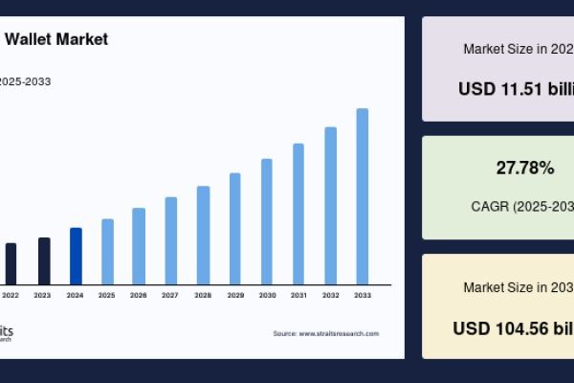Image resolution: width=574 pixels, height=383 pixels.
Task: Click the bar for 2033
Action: coord(363,196)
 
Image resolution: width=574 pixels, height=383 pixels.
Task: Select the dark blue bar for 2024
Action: coord(76,256)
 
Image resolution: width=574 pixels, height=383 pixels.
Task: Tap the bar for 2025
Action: coord(107,251)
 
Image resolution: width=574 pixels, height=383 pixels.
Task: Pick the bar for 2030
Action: coord(267,221)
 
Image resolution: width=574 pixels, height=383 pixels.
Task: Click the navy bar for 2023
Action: coord(44,260)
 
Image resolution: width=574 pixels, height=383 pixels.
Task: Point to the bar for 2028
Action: coord(203,235)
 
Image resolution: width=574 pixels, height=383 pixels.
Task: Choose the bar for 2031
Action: coord(298,214)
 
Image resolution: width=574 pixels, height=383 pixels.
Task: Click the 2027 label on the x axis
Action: coord(170,295)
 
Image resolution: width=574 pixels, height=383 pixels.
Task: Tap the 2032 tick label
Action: coord(330,295)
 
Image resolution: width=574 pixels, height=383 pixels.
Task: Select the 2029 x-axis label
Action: coord(234,295)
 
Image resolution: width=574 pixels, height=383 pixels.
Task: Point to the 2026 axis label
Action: coord(139,295)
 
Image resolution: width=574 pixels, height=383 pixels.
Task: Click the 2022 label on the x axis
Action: coord(11,295)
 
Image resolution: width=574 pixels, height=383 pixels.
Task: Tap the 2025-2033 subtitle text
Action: coord(26,81)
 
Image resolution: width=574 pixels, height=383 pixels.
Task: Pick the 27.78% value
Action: coord(524,169)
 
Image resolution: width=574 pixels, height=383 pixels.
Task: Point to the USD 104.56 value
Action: coord(513,327)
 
